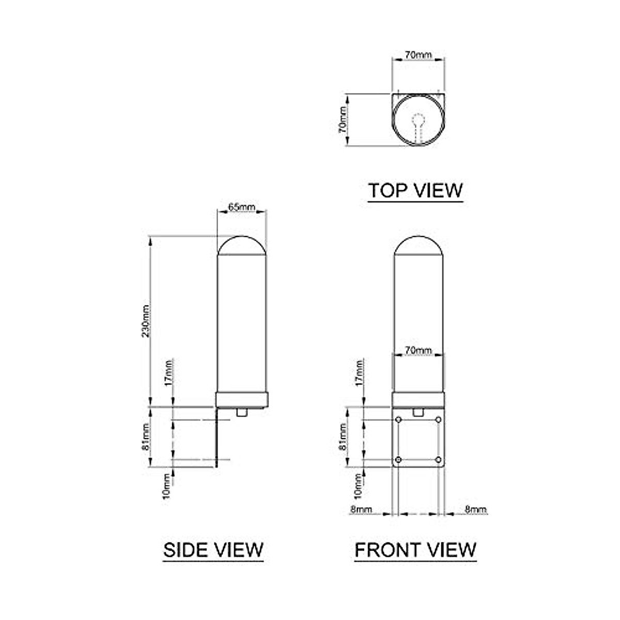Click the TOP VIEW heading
[415, 190]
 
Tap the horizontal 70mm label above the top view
[418, 55]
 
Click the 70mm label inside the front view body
[418, 350]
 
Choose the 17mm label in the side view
[170, 371]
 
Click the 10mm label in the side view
[166, 487]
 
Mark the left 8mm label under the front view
[361, 509]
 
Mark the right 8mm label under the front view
[475, 509]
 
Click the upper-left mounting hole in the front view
[398, 420]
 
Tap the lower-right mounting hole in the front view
[438, 459]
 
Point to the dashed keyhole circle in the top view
[418, 120]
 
